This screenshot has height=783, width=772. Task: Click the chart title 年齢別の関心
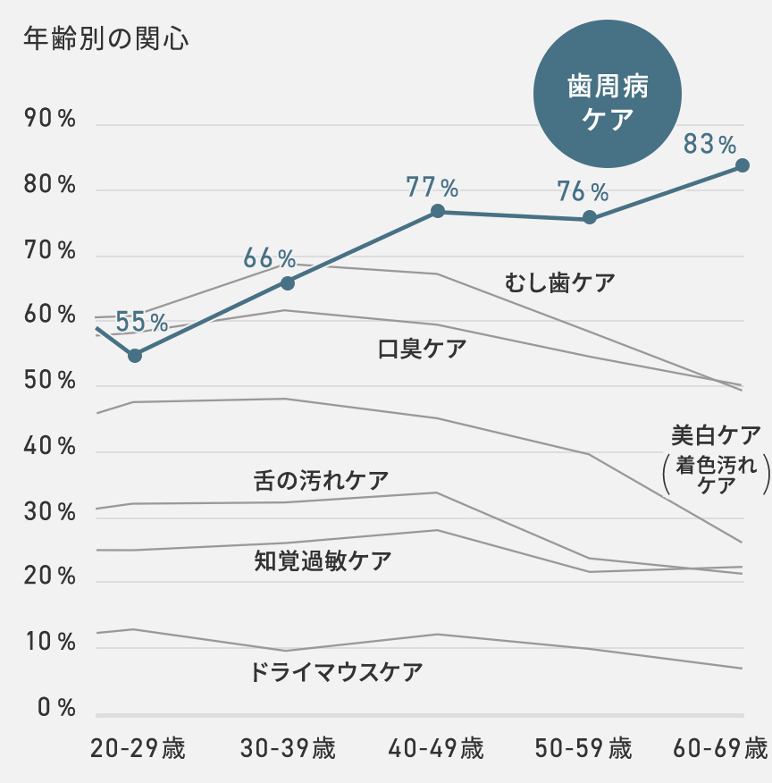(x=105, y=39)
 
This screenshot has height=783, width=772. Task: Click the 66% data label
(x=269, y=259)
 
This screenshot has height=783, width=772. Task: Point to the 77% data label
(x=432, y=188)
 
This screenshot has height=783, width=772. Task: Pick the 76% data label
(x=582, y=191)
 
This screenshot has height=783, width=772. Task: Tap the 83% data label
(x=709, y=143)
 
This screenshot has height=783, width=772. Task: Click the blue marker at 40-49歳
(x=438, y=211)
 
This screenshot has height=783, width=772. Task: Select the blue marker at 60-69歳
(x=743, y=165)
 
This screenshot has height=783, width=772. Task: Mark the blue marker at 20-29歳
(x=135, y=356)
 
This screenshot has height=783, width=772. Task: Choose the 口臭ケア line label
(x=422, y=349)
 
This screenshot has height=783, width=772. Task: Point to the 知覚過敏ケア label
(x=323, y=561)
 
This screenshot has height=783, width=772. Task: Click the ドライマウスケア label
(x=337, y=672)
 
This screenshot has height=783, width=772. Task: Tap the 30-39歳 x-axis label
(x=288, y=748)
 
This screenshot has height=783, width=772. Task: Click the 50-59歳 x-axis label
(x=583, y=748)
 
